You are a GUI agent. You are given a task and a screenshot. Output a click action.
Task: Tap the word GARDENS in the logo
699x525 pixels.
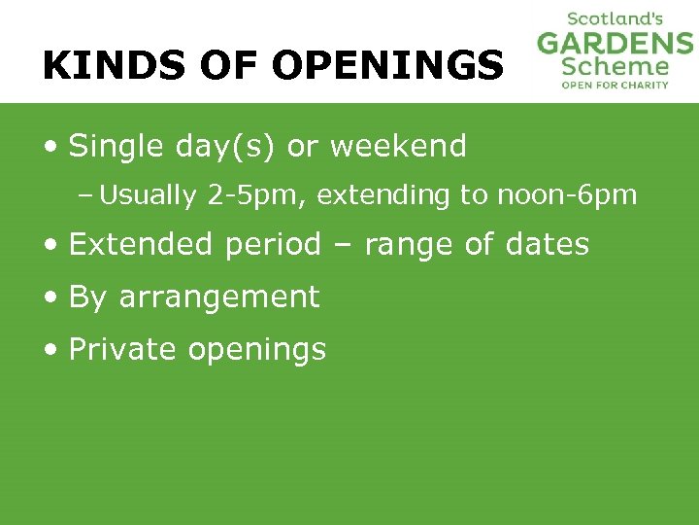tap(616, 44)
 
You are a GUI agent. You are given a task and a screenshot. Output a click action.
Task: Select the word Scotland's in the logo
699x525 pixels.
tap(616, 18)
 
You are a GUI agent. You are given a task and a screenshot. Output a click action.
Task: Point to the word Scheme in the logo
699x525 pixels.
tap(616, 66)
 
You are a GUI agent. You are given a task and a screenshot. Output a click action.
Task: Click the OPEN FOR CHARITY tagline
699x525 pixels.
tap(616, 85)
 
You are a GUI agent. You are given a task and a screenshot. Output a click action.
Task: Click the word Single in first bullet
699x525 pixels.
tap(105, 147)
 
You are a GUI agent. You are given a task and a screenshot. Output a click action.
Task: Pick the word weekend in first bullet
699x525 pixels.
tap(398, 147)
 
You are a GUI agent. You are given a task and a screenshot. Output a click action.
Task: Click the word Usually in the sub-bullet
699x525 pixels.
tap(148, 196)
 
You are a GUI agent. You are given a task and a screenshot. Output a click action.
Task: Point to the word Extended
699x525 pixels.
tap(142, 244)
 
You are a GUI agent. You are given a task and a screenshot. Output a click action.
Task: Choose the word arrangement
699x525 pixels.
tap(218, 297)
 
